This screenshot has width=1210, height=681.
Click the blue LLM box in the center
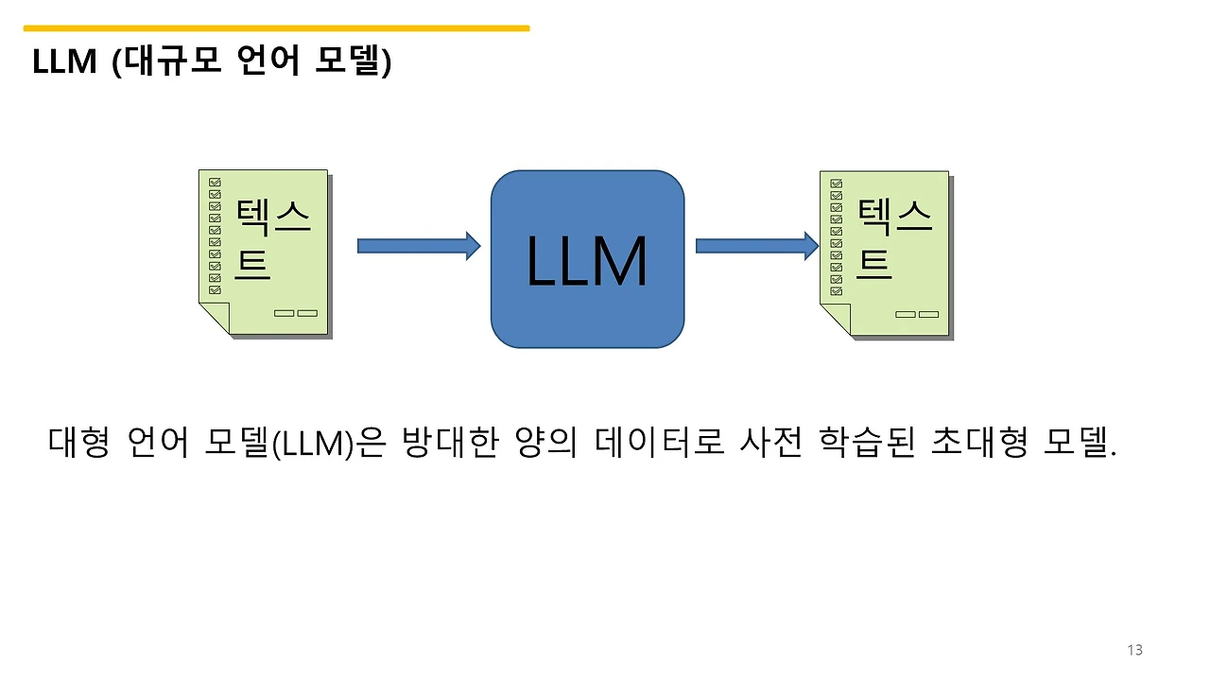pos(587,259)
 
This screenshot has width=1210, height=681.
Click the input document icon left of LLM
pos(264,252)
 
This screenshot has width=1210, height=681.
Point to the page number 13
pos(1135,650)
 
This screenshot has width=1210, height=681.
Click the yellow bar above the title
pos(276,28)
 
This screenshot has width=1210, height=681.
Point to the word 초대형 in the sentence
pos(978,442)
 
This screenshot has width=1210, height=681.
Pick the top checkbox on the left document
pos(215,182)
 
